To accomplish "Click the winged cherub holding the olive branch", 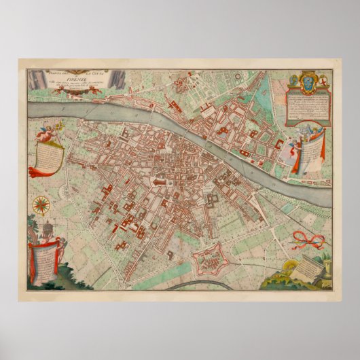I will click(46, 134).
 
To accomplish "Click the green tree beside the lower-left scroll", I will click(69, 272).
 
